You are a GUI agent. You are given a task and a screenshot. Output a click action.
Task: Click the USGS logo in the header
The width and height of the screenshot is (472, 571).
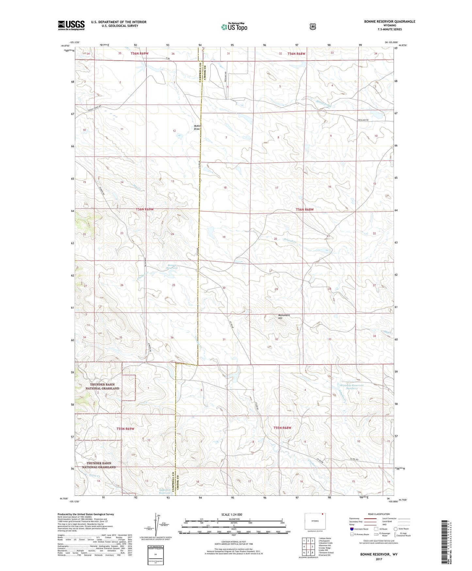[71, 25]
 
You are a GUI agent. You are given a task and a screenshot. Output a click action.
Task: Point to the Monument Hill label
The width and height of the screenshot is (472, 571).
[284, 317]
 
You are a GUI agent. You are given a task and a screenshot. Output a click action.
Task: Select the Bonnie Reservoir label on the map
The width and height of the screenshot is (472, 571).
[172, 267]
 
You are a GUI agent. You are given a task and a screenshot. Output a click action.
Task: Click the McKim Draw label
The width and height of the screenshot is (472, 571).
[197, 127]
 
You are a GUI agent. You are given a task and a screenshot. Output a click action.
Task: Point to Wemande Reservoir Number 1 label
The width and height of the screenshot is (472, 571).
[351, 387]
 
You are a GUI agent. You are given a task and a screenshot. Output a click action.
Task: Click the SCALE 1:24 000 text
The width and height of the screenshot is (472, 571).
[232, 514]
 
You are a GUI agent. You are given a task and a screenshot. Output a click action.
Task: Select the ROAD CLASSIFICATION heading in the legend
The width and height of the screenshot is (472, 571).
[379, 514]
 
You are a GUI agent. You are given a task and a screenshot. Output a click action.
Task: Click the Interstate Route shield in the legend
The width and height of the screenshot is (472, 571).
[351, 529]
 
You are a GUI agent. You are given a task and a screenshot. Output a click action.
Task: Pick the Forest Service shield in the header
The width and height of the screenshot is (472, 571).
[313, 26]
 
